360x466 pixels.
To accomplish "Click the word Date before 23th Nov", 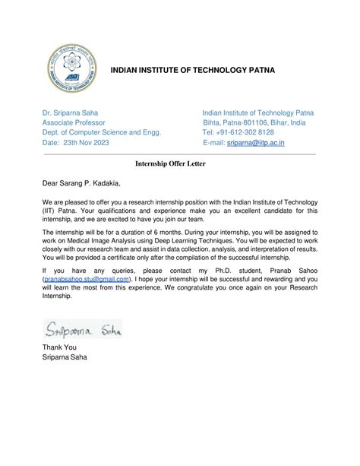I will coord(50,143).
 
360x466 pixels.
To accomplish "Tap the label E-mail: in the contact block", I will coord(215,143).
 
